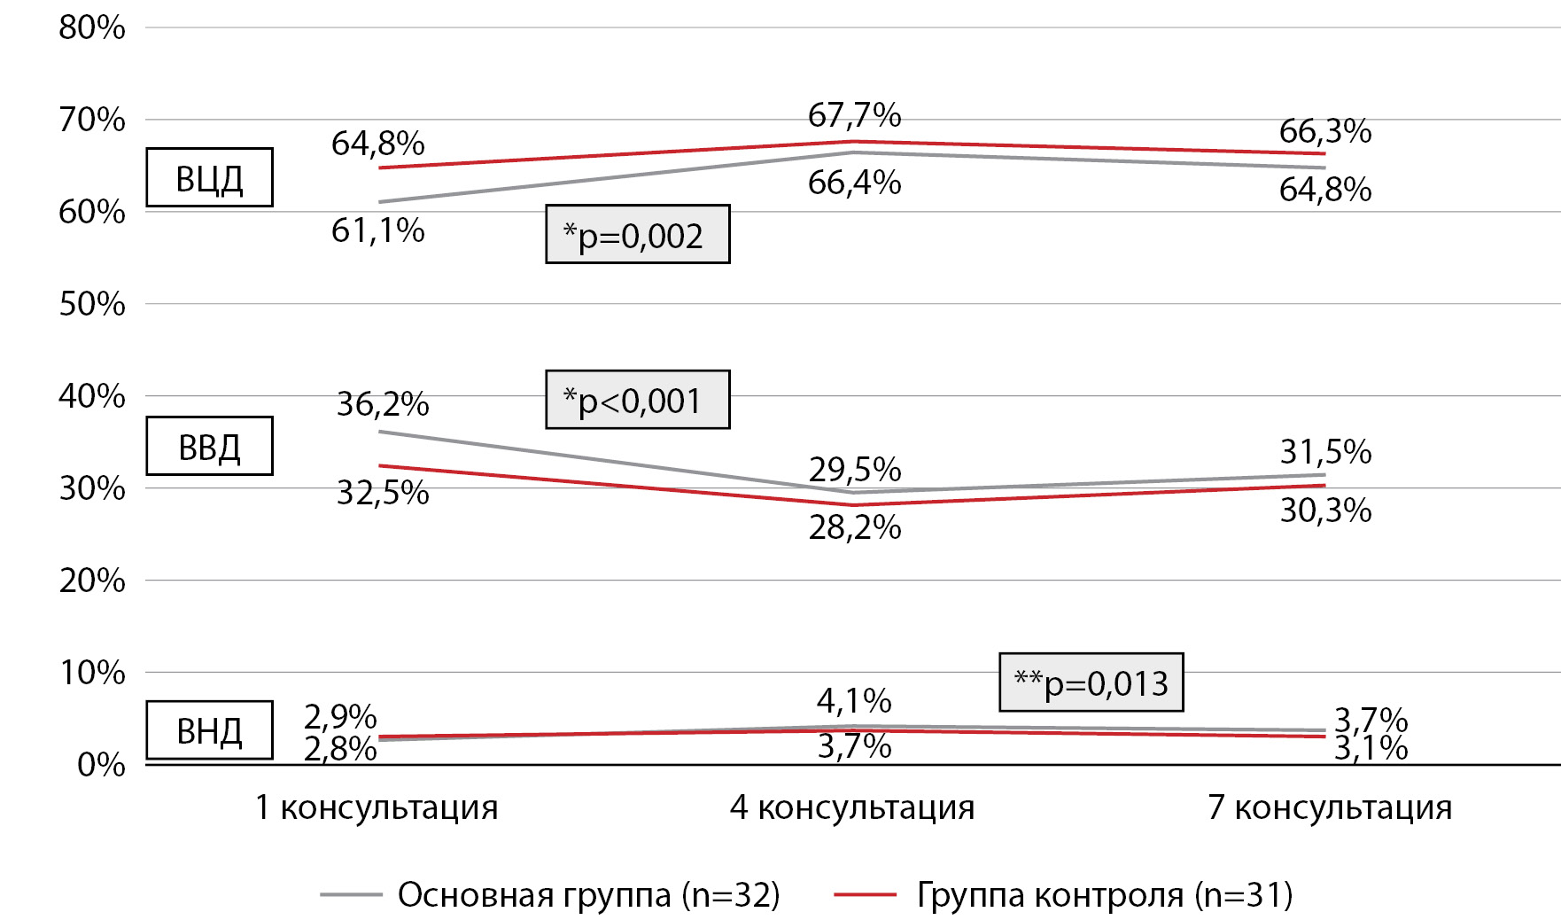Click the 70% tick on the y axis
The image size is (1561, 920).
[92, 120]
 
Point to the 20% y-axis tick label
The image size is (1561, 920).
[92, 581]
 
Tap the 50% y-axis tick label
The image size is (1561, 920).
[92, 304]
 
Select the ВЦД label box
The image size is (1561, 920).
[209, 178]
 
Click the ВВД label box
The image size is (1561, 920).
[209, 447]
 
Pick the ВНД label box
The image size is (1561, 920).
[209, 731]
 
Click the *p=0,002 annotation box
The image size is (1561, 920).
[637, 235]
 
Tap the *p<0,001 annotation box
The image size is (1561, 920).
[637, 400]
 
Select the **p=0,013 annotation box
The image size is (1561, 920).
[1091, 682]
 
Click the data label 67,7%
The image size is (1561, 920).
[854, 115]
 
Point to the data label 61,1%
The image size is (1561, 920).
[378, 230]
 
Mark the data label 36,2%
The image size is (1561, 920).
[383, 404]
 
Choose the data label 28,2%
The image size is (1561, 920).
[855, 527]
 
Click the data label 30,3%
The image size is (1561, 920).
[1325, 511]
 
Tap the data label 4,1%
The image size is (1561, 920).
[854, 701]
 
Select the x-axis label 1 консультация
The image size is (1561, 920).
[377, 807]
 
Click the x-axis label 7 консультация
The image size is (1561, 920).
[1330, 807]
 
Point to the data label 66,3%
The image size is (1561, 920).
[1325, 131]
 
